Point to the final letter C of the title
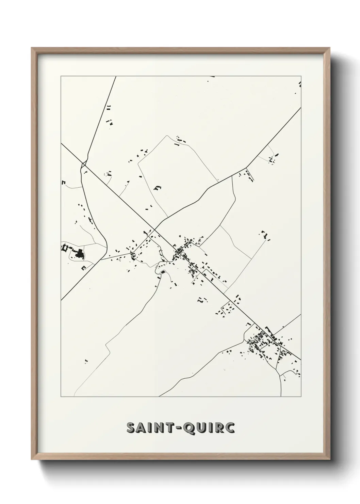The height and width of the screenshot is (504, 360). tap(230, 428)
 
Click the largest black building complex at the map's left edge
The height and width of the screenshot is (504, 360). tap(80, 254)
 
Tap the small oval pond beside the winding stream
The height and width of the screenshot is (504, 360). tap(162, 272)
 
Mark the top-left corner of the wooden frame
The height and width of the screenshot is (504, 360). tap(32, 48)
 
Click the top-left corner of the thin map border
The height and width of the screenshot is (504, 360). tap(61, 76)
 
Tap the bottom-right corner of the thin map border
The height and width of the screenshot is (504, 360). tap(301, 397)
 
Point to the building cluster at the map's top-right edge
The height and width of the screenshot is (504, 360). tap(299, 84)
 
